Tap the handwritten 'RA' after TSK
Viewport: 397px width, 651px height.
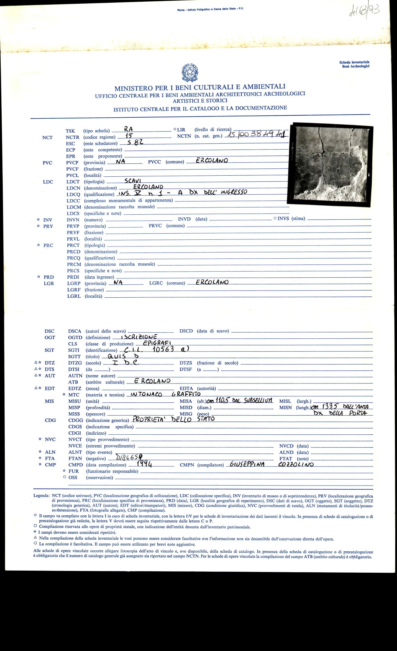(x=128, y=129)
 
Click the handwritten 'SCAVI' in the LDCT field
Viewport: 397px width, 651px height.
(x=133, y=181)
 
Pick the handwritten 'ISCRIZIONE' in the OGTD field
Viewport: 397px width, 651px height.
(x=139, y=337)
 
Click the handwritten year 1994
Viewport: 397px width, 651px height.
(x=144, y=465)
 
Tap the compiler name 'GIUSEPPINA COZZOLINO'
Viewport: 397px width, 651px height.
(x=271, y=465)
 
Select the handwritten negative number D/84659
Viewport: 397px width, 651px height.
(x=129, y=457)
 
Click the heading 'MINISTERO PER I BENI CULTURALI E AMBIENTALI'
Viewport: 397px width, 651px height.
(x=200, y=87)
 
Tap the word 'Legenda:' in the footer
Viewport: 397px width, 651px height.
(x=42, y=496)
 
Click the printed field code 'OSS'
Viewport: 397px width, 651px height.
(x=73, y=477)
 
